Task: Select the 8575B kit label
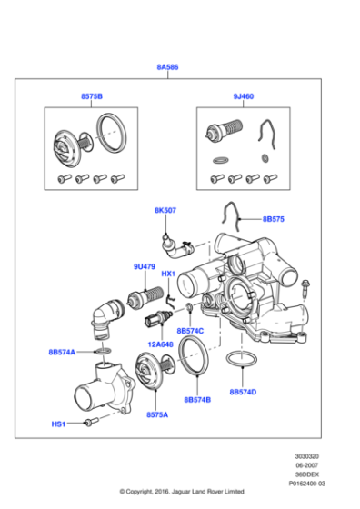coord(90,95)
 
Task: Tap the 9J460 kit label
coord(245,95)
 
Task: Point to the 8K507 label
coord(165,210)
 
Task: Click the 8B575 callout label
coord(274,219)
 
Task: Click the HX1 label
coord(168,274)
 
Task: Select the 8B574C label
coord(191,331)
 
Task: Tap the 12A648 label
coord(161,344)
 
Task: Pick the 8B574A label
coord(63,352)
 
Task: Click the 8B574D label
coord(243,392)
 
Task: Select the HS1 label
coord(58,424)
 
